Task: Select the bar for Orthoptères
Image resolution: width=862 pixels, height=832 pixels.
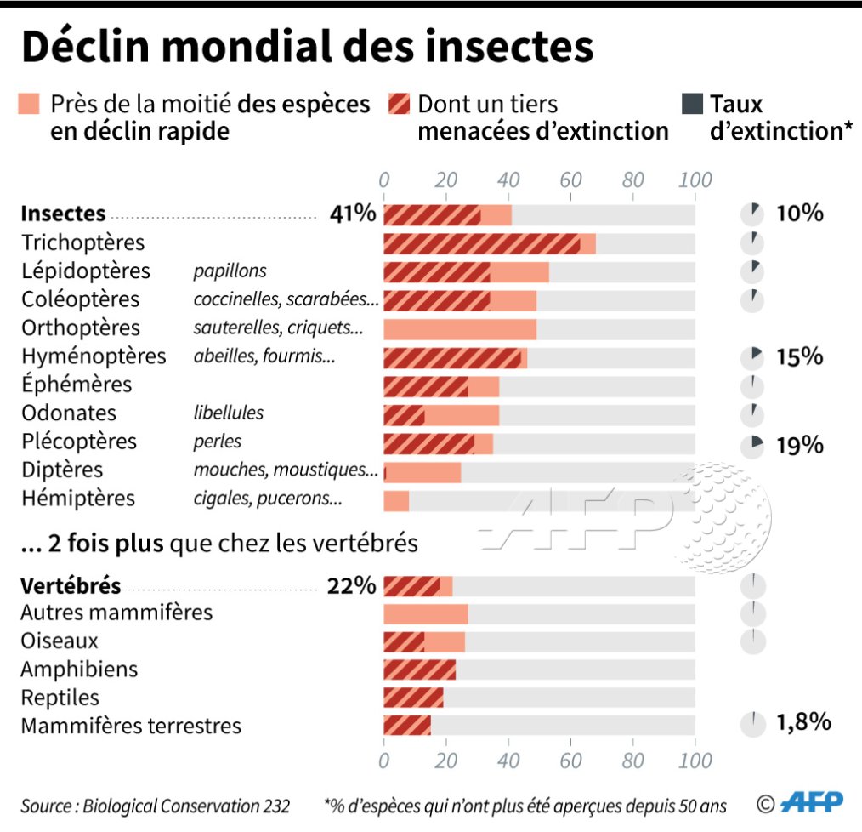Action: [x=460, y=328]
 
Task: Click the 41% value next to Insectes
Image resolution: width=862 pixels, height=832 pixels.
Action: [x=353, y=214]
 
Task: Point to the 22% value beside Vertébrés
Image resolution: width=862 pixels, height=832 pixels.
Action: [x=351, y=585]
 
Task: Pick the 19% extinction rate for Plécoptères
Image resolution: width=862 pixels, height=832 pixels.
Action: [x=800, y=444]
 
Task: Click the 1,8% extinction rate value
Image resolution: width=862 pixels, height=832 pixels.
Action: [x=802, y=723]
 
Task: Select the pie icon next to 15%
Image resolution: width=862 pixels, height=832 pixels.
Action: [x=751, y=357]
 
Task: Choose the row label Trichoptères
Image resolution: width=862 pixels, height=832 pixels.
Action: [x=83, y=242]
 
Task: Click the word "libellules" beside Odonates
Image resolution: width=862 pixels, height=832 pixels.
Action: [x=229, y=413]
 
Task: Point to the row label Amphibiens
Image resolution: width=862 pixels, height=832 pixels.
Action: [x=79, y=670]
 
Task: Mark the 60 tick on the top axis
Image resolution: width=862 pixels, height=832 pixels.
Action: [x=570, y=180]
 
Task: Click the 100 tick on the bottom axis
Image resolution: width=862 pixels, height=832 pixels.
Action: [x=695, y=761]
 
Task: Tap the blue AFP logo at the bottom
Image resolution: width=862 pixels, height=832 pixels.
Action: [x=811, y=802]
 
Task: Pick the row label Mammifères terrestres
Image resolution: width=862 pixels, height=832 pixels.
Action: [x=131, y=727]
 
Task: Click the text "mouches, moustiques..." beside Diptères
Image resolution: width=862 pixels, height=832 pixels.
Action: [x=286, y=470]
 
